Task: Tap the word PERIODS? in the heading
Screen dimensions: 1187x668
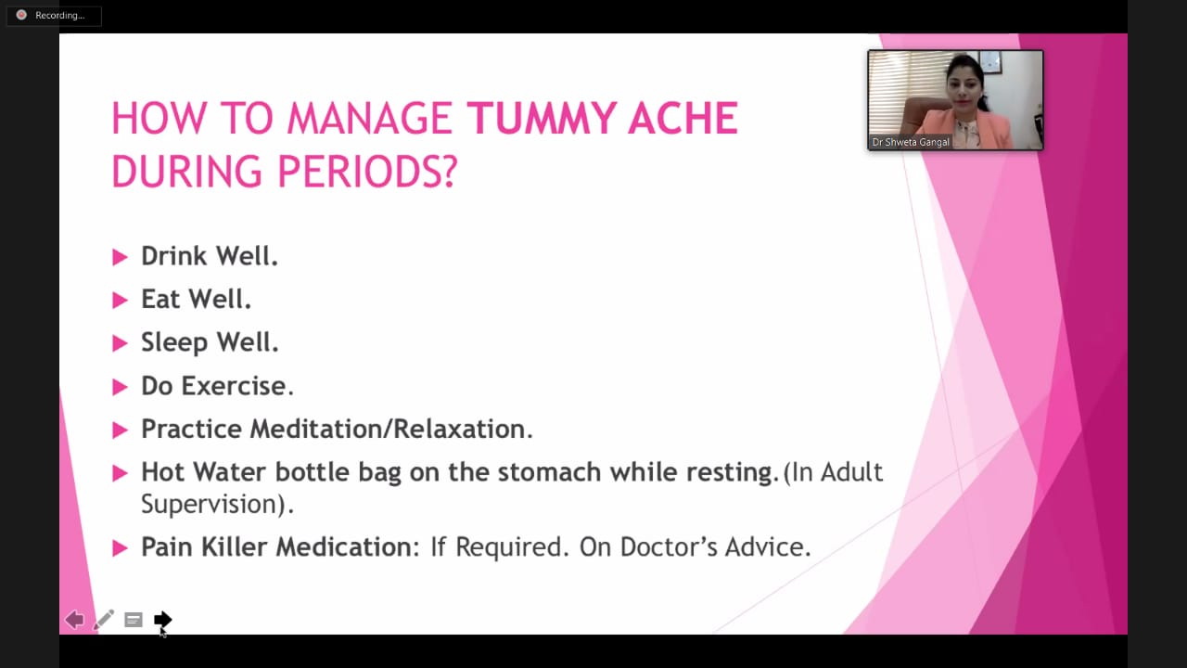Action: [x=366, y=172]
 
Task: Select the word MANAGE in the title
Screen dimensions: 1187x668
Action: [x=369, y=118]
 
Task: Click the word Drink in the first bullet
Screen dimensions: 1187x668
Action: [x=173, y=256]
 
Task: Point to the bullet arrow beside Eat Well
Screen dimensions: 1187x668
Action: [x=121, y=300]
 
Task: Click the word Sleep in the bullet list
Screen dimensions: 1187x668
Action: [x=174, y=343]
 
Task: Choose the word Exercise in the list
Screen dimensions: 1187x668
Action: [x=236, y=385]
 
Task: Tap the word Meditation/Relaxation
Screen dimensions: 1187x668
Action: [x=391, y=429]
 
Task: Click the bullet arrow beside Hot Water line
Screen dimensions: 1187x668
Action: [x=121, y=473]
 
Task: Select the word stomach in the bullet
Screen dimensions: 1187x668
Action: [x=549, y=472]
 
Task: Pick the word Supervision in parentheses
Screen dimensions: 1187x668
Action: [x=210, y=504]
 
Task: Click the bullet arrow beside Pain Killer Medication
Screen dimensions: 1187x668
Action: [x=121, y=548]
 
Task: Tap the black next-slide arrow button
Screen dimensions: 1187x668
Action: [x=162, y=619]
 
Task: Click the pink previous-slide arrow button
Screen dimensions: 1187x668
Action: [x=74, y=619]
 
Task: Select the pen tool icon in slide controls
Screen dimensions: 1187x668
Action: [x=103, y=619]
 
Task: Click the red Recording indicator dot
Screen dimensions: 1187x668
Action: [x=21, y=15]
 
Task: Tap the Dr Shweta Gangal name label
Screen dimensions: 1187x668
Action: [x=911, y=142]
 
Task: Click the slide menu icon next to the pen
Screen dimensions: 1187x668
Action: [x=134, y=620]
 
